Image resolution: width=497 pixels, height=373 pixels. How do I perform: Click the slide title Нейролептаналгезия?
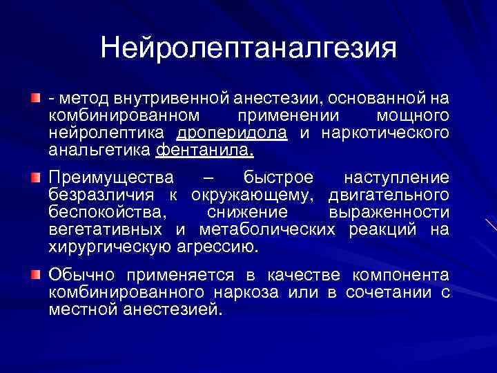pos(248,48)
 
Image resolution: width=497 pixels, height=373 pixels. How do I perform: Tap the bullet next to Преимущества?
pos(35,179)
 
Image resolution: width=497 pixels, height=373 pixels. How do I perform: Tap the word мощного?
pos(413,116)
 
